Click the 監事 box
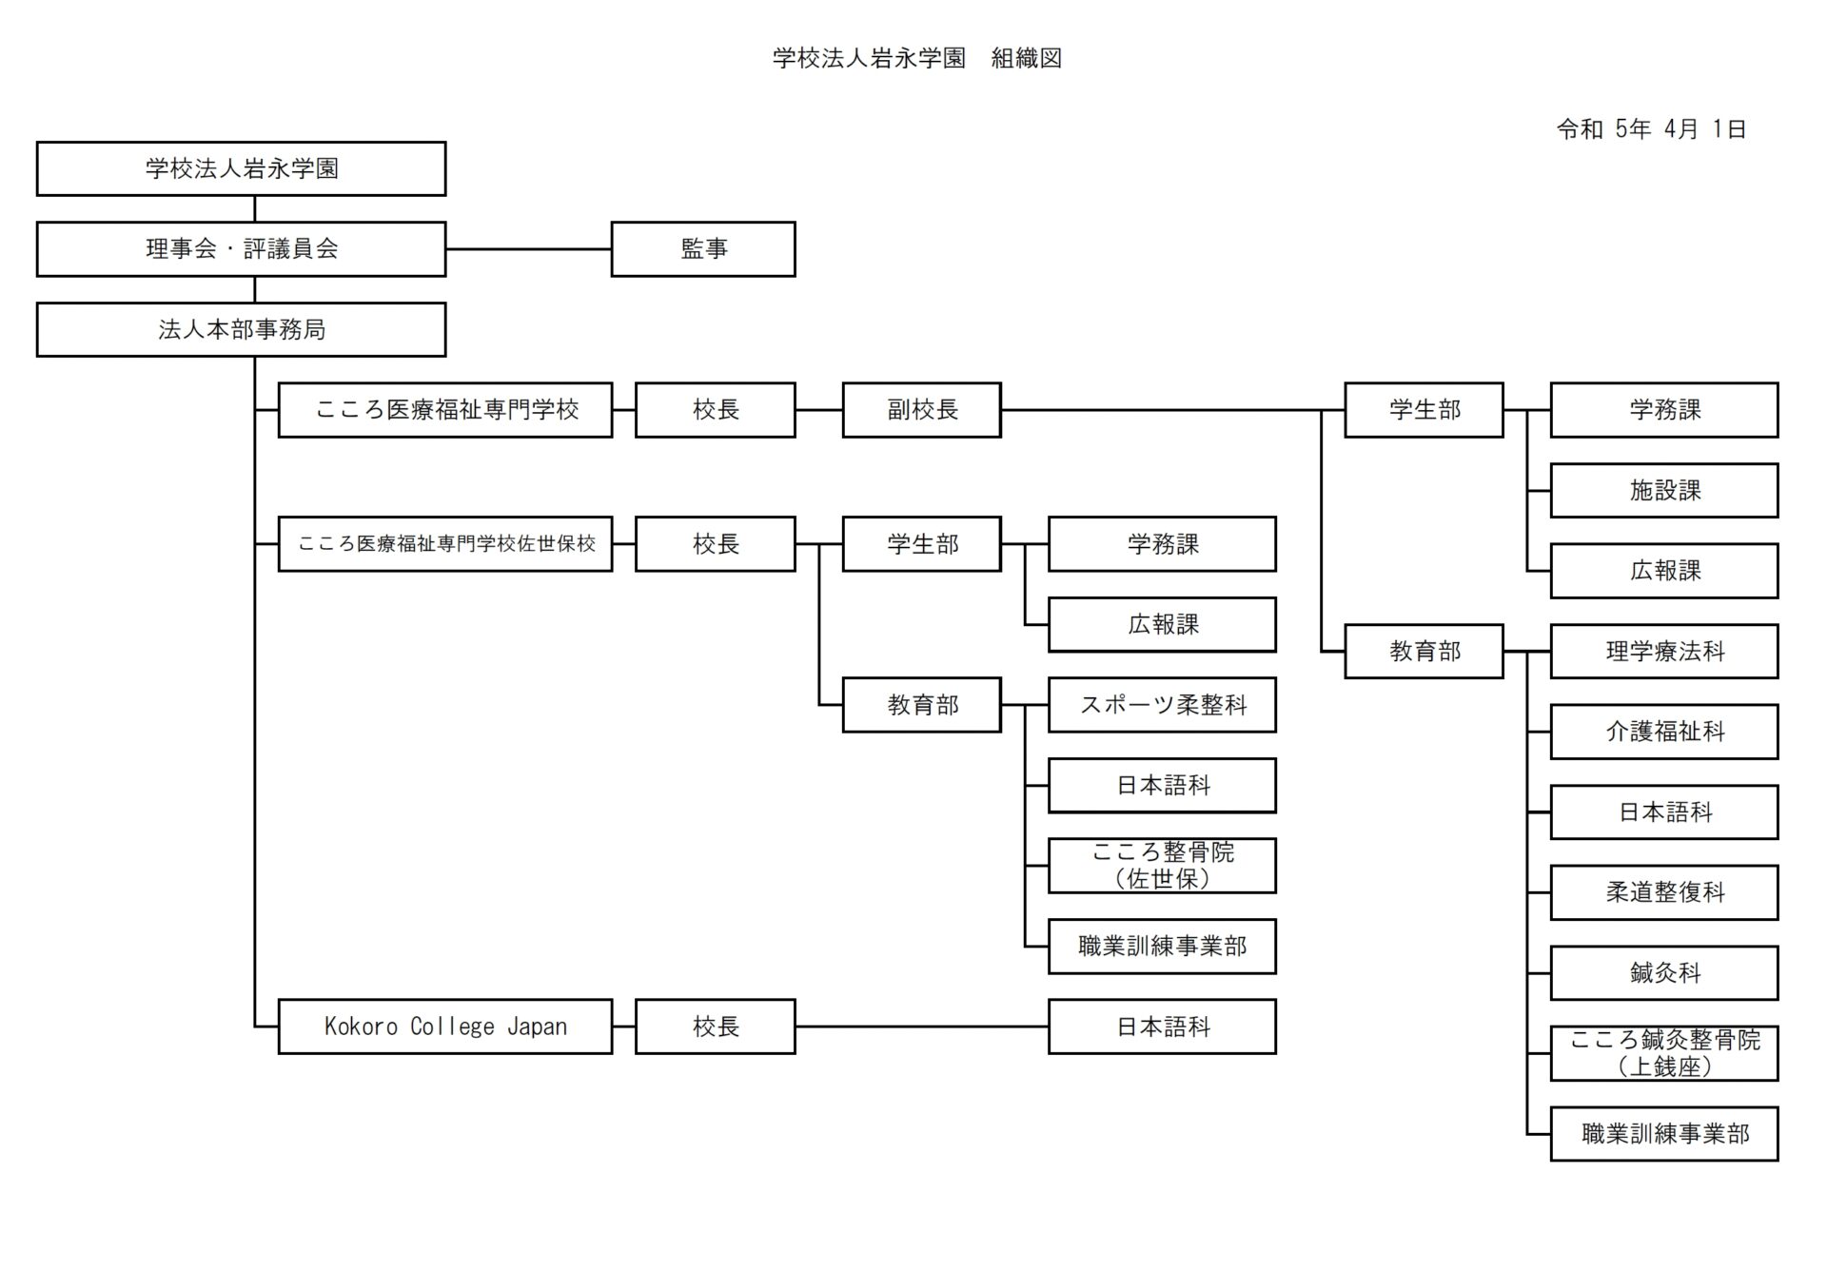click(x=703, y=249)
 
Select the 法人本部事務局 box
click(x=241, y=330)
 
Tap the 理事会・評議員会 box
click(x=241, y=249)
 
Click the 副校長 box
click(x=921, y=410)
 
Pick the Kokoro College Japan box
click(x=444, y=1027)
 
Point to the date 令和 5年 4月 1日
click(x=1651, y=129)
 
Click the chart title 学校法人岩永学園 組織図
click(x=916, y=58)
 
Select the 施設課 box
click(x=1663, y=491)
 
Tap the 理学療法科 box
click(x=1663, y=652)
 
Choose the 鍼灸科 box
click(x=1663, y=973)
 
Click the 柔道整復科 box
click(x=1663, y=892)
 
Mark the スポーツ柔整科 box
click(x=1162, y=705)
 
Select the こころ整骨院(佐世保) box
click(x=1162, y=866)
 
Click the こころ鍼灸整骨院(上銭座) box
click(x=1663, y=1053)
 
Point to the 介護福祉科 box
click(x=1663, y=732)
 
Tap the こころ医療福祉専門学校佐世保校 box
click(x=444, y=544)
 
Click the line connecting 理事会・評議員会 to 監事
click(x=528, y=249)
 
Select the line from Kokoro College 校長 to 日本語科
click(x=921, y=1027)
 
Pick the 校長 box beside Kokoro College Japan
click(x=715, y=1027)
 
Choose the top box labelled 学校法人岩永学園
click(x=241, y=169)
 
